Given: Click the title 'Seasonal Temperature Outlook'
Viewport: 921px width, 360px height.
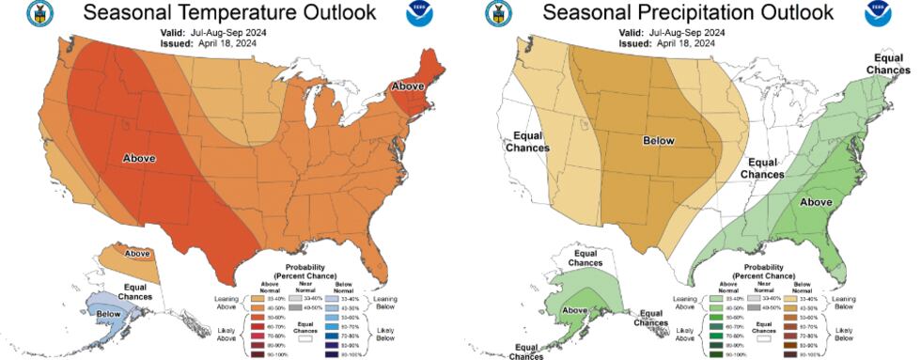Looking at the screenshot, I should pos(229,12).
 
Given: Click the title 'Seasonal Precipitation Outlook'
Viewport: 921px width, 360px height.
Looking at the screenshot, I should pos(688,12).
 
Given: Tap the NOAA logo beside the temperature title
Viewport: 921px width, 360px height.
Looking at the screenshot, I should pos(419,13).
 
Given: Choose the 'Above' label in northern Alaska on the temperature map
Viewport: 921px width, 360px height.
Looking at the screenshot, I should pos(137,253).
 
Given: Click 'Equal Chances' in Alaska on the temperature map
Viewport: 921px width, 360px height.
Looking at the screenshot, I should pos(135,290).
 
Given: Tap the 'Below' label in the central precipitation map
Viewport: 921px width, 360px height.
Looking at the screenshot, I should pos(658,140).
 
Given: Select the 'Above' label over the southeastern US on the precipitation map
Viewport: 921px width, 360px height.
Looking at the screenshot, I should pos(815,201).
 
